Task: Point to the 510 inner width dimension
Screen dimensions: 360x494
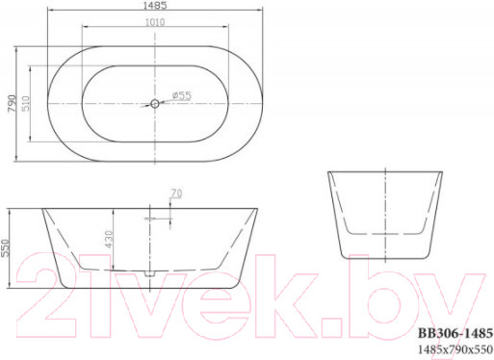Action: tap(28, 103)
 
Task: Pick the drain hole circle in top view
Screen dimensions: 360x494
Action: tap(155, 103)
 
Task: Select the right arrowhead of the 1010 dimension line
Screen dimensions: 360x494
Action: tap(228, 32)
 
